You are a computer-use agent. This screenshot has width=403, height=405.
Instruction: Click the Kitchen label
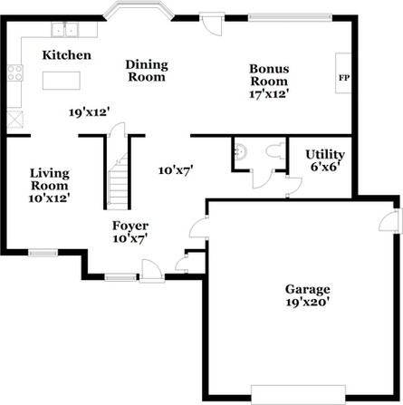tap(67, 55)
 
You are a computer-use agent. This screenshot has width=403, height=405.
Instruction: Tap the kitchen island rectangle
tap(62, 81)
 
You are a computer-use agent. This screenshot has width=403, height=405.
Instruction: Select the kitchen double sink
tap(64, 30)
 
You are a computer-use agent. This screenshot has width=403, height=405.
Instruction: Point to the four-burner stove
tap(15, 72)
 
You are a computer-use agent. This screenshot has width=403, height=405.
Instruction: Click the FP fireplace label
tap(344, 78)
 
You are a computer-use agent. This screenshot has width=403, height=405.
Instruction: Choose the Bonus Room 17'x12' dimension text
tap(269, 94)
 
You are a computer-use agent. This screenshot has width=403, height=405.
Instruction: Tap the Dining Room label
tap(147, 71)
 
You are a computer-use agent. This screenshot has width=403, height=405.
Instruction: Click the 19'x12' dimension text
tap(89, 112)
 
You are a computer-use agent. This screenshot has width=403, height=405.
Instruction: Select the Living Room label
tap(50, 179)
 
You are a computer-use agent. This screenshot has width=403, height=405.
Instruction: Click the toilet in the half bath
tap(276, 150)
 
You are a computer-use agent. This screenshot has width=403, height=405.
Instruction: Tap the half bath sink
tap(241, 150)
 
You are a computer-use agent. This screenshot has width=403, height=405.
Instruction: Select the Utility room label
tap(325, 154)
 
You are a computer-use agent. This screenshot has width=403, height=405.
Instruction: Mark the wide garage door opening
tap(298, 394)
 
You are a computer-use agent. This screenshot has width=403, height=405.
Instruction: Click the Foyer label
tap(130, 226)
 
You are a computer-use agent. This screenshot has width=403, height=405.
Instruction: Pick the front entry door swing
tap(152, 271)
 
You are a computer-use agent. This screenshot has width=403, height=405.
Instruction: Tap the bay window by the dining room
tap(139, 10)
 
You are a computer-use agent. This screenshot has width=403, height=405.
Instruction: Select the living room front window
tap(43, 253)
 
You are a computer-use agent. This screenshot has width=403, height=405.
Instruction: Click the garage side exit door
tap(391, 220)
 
